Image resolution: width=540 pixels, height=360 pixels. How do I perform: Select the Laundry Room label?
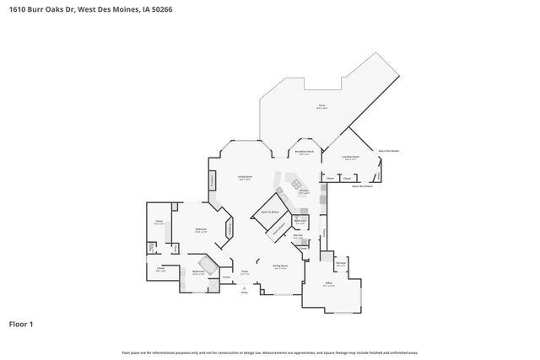[351, 158]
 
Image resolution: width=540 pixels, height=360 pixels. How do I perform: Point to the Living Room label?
[244, 178]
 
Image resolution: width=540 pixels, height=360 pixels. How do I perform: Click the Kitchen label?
[304, 193]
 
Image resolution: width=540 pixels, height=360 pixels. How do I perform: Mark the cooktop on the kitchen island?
[296, 183]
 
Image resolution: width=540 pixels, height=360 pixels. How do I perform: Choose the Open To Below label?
[270, 213]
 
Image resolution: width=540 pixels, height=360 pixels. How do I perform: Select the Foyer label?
[244, 271]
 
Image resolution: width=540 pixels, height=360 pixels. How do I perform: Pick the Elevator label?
[340, 264]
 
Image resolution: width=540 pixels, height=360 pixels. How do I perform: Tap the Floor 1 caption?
[21, 323]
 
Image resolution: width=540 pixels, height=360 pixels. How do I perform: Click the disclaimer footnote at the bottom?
[269, 352]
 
